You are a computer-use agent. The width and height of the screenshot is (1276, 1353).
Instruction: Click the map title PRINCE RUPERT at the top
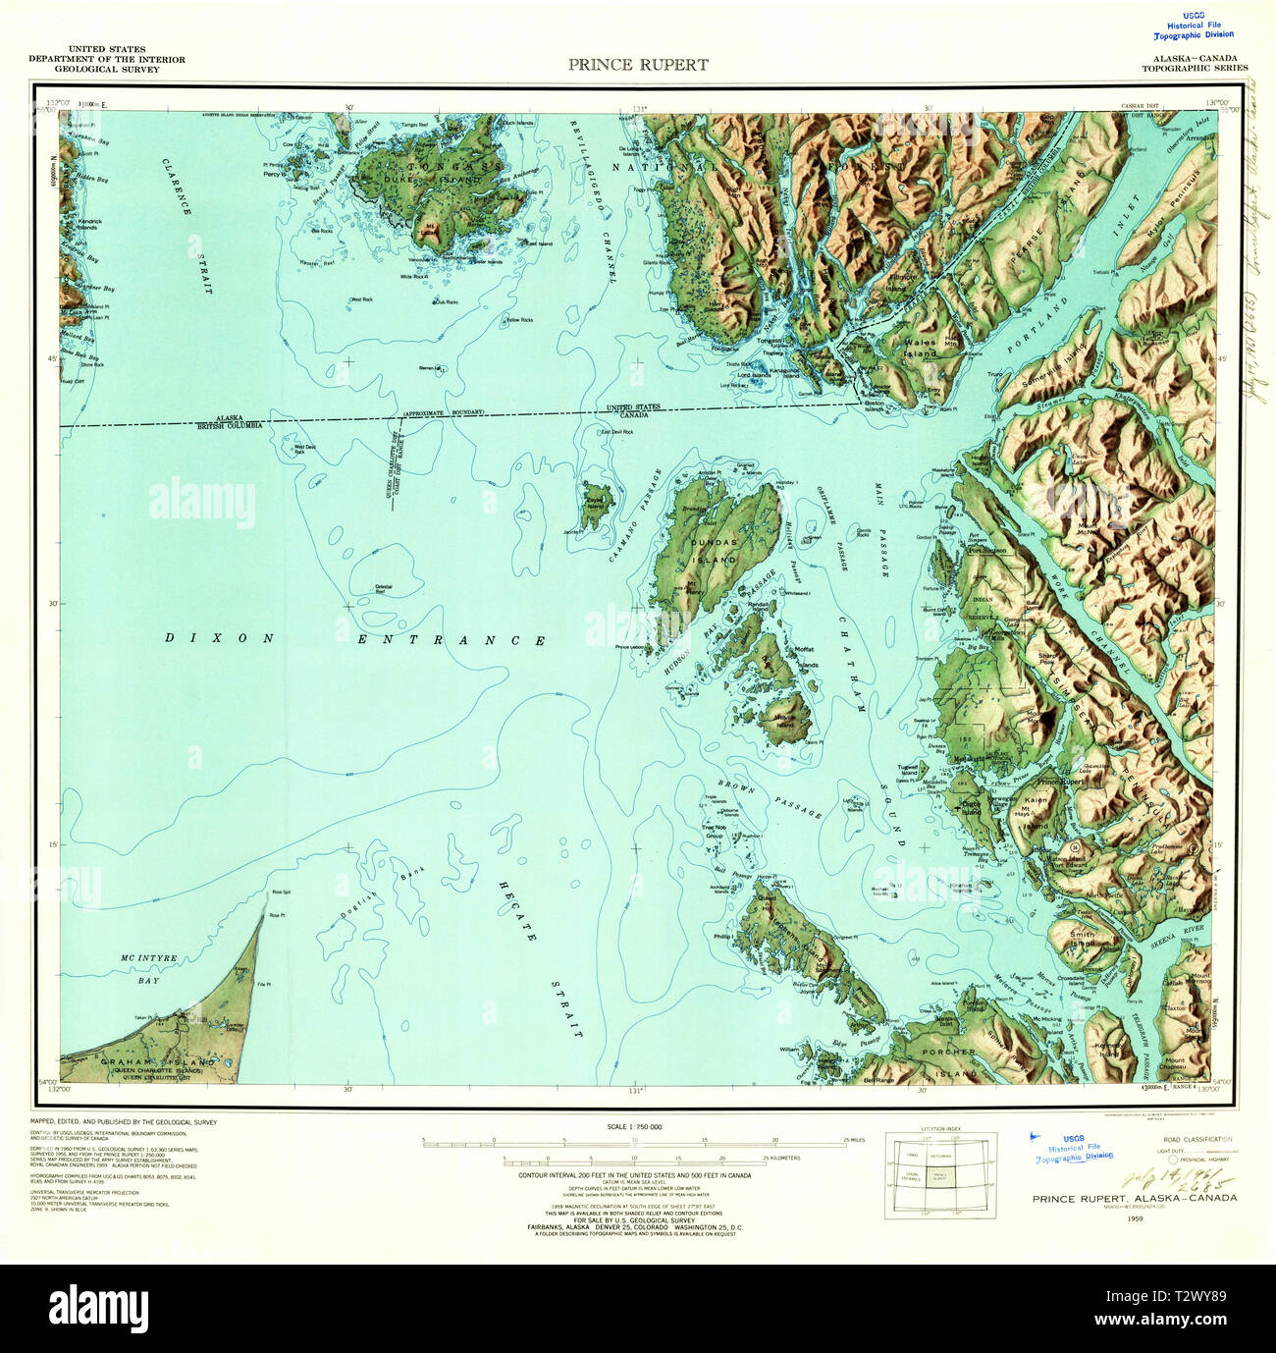(637, 65)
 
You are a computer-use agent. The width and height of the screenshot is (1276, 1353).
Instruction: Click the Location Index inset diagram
(939, 1174)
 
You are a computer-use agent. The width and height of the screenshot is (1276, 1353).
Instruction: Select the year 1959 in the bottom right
(1135, 1218)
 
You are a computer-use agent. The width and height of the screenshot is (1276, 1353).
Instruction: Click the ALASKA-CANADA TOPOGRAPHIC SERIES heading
(1194, 63)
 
